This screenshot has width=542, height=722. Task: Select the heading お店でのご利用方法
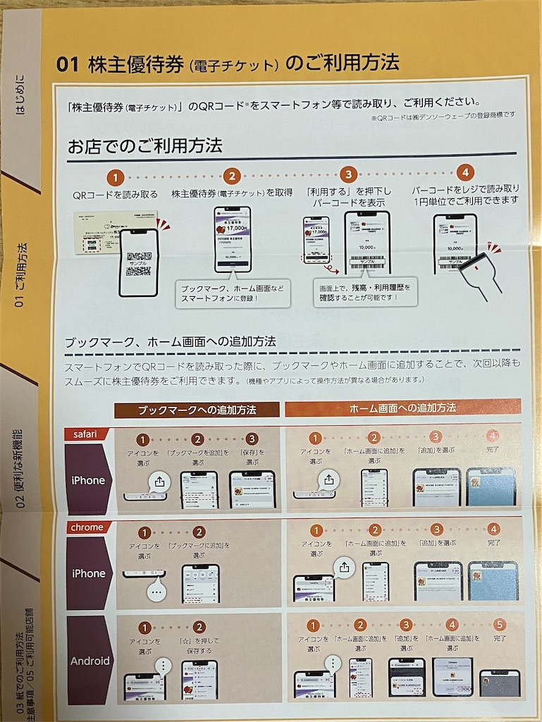coord(144,146)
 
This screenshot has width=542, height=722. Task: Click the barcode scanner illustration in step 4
coord(486,271)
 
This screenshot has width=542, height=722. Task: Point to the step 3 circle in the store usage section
coord(347,174)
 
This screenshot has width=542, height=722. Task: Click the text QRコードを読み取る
coord(116,194)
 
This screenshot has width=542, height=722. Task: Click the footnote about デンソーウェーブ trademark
coord(443,115)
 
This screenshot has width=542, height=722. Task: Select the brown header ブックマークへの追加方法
coord(197,409)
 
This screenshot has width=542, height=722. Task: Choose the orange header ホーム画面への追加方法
coord(402,408)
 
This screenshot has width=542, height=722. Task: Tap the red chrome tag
coord(87,527)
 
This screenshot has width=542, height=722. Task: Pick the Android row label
coord(90,661)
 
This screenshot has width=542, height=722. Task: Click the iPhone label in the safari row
coord(88,480)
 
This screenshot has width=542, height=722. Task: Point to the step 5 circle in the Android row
coord(499,625)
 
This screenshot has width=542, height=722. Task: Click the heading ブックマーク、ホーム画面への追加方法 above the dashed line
coord(170,342)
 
